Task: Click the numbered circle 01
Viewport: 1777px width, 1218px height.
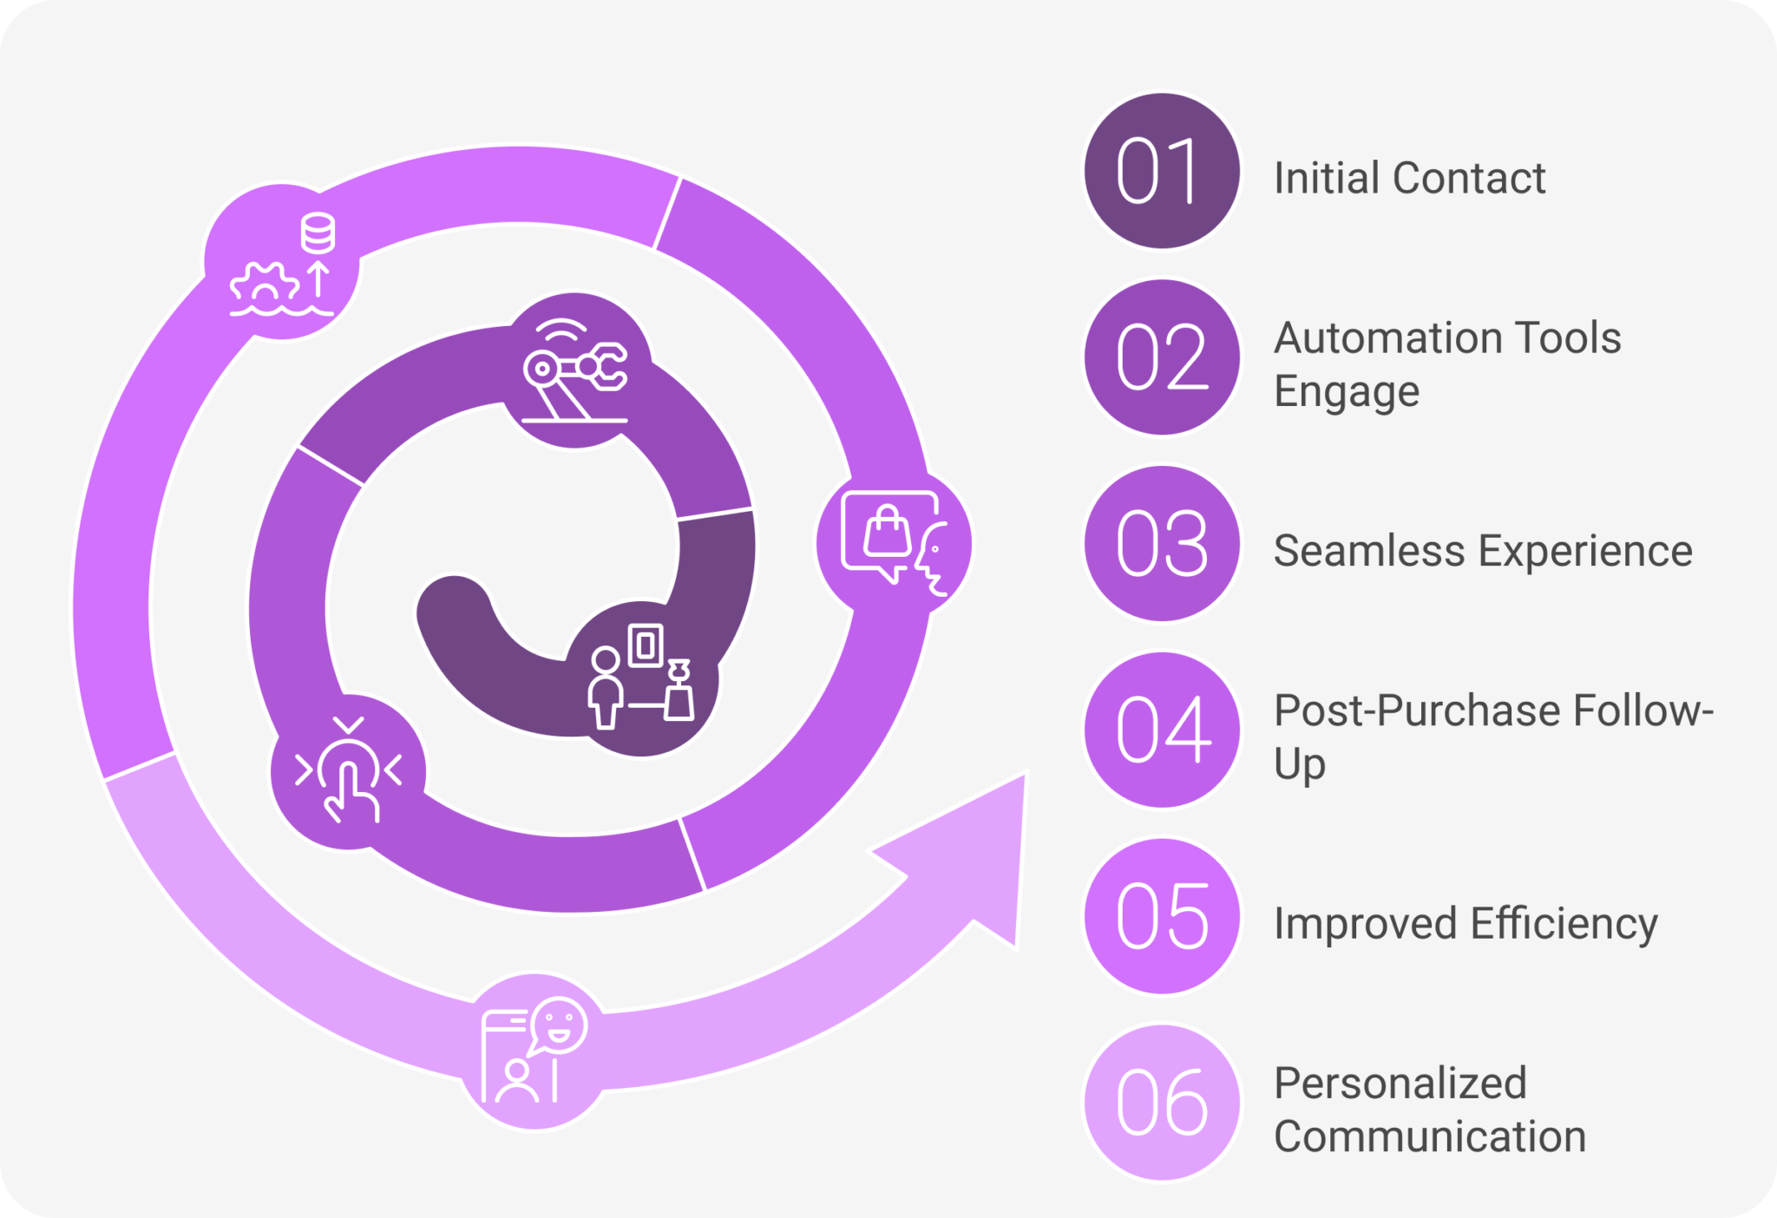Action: click(1162, 171)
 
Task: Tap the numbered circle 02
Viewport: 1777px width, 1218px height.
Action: click(1162, 357)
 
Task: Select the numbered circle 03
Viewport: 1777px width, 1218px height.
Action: click(1162, 543)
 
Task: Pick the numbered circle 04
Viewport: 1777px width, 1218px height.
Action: click(1162, 730)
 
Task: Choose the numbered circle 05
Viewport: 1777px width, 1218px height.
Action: click(1162, 916)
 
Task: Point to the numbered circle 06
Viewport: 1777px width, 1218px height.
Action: click(1162, 1102)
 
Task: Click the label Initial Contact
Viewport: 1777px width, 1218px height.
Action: click(1408, 179)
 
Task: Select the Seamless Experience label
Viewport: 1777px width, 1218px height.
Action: click(1482, 551)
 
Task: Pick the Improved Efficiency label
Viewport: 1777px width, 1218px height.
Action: click(1465, 923)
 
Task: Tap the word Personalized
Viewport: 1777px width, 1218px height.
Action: click(1400, 1084)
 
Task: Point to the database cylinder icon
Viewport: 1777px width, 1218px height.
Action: click(318, 233)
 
